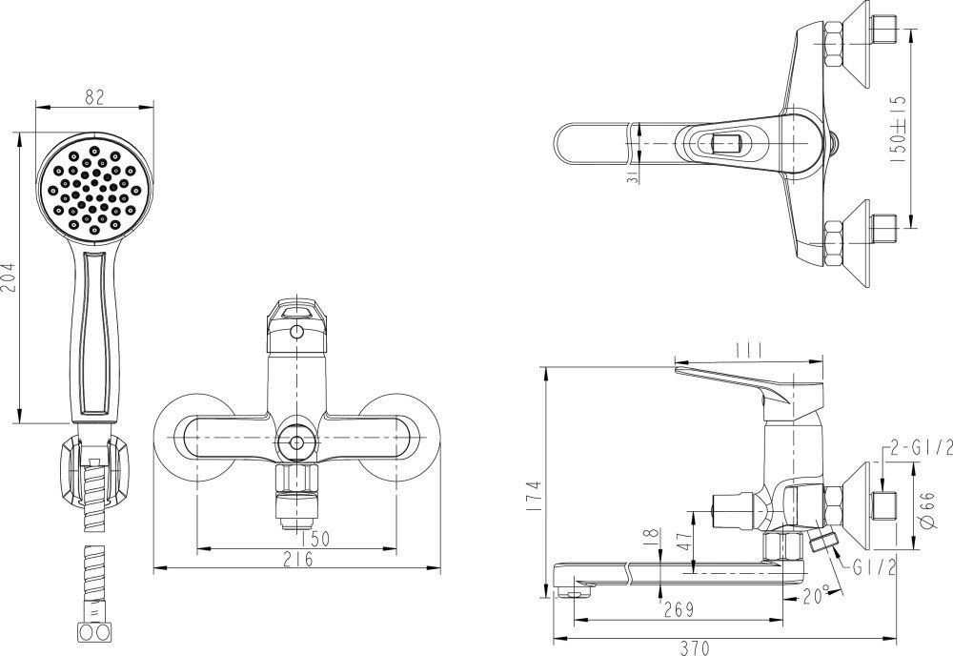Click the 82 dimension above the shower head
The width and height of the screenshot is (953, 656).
tap(94, 96)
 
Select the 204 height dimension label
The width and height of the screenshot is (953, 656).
tap(9, 277)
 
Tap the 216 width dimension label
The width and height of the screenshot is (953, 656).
tap(297, 559)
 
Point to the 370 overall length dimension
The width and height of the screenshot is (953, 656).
tap(695, 648)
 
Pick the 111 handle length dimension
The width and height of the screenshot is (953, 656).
tap(749, 350)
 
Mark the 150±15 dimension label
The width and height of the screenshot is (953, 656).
tap(898, 129)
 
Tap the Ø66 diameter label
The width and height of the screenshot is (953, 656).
tap(927, 509)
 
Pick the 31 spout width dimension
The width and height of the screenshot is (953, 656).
tap(633, 176)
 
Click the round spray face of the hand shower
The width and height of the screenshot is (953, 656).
tap(95, 190)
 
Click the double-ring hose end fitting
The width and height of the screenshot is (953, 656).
tap(94, 631)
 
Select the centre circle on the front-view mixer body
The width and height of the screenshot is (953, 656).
tap(296, 442)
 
